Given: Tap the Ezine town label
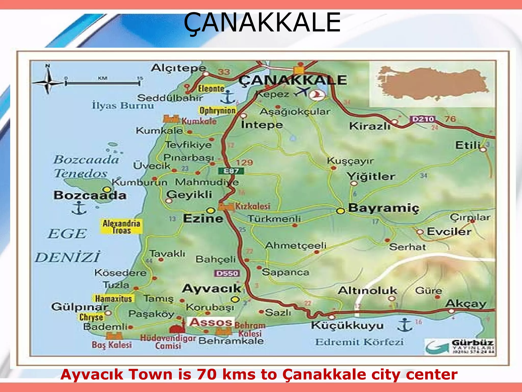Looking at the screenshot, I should pyautogui.click(x=203, y=218).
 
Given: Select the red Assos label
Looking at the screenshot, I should pyautogui.click(x=211, y=322).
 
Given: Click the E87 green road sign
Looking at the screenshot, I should pyautogui.click(x=231, y=171).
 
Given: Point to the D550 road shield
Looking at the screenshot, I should pyautogui.click(x=227, y=273).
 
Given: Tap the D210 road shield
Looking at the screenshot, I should pyautogui.click(x=423, y=119).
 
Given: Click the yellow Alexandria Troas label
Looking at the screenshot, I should pyautogui.click(x=121, y=227).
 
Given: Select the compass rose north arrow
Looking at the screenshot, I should pyautogui.click(x=48, y=81).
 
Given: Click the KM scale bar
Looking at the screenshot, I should pyautogui.click(x=102, y=83).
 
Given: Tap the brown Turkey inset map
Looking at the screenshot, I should pyautogui.click(x=432, y=83).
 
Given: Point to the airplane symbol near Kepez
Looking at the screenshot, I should pyautogui.click(x=302, y=92).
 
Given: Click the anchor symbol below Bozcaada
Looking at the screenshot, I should pyautogui.click(x=79, y=208).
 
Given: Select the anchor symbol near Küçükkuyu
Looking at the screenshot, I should pyautogui.click(x=404, y=325).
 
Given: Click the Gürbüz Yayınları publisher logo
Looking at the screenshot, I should pyautogui.click(x=460, y=346).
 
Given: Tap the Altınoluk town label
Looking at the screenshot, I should pyautogui.click(x=367, y=290).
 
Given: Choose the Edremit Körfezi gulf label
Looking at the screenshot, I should pyautogui.click(x=359, y=342).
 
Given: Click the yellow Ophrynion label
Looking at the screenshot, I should pyautogui.click(x=217, y=111).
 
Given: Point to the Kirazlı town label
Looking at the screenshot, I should pyautogui.click(x=369, y=126).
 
